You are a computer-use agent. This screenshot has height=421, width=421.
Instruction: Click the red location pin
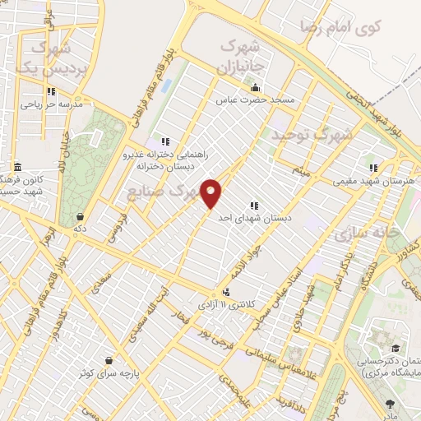[212, 194]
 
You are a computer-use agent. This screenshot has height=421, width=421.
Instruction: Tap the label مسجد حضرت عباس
[255, 100]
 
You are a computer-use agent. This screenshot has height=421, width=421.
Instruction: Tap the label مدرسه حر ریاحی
[52, 105]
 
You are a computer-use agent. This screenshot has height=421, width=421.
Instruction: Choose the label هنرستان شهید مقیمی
[372, 180]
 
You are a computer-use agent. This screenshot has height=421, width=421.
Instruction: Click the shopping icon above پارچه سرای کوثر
[109, 360]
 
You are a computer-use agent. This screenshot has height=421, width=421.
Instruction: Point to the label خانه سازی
[367, 234]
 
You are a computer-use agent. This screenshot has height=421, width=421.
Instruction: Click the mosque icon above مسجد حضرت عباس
[255, 88]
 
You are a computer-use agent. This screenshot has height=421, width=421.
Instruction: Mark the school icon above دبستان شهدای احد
[252, 206]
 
